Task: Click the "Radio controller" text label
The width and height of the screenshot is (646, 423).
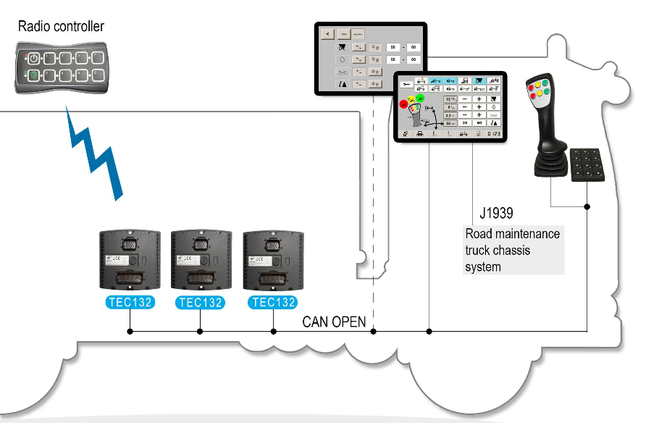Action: pyautogui.click(x=62, y=27)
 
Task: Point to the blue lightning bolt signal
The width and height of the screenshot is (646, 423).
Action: pyautogui.click(x=95, y=155)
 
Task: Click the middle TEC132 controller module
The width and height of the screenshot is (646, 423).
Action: pyautogui.click(x=200, y=260)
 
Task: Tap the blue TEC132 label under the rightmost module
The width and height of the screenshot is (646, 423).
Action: pyautogui.click(x=272, y=303)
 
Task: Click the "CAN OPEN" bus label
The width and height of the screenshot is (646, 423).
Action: pyautogui.click(x=334, y=322)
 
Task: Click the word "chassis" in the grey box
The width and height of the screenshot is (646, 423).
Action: pyautogui.click(x=511, y=251)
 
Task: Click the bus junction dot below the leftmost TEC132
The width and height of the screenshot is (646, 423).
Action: pyautogui.click(x=130, y=332)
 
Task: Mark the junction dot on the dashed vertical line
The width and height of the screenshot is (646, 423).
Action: pyautogui.click(x=374, y=332)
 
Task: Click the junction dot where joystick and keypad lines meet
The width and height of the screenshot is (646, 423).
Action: pyautogui.click(x=587, y=206)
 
